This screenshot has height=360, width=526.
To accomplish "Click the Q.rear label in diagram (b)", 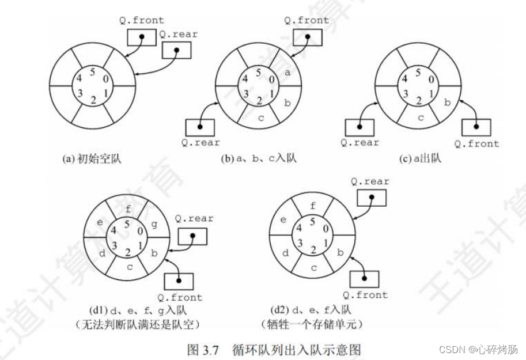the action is tap(200, 142).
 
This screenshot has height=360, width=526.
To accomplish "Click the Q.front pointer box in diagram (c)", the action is tap(475, 127).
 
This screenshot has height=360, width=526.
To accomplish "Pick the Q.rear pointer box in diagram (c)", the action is tap(359, 127).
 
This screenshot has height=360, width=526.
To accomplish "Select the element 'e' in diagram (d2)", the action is tap(282, 219).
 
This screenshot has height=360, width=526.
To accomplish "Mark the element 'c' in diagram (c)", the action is tap(421, 118).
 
